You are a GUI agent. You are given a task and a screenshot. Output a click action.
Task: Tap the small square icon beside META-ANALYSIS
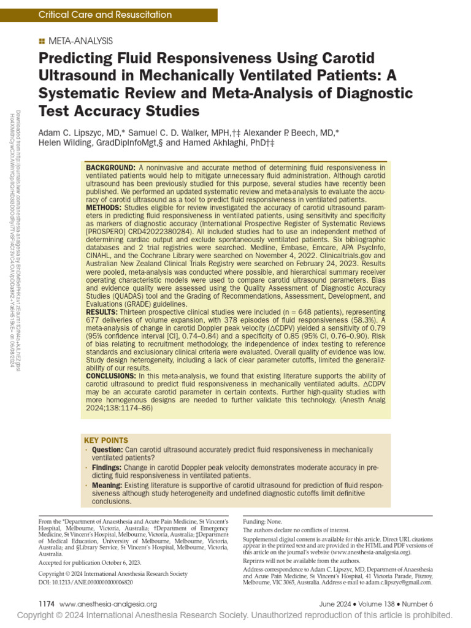41,41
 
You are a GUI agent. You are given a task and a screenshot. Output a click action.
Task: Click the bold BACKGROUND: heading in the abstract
110,167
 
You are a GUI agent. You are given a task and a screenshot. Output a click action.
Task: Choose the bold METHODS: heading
105,208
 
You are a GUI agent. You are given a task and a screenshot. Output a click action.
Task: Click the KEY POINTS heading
107,440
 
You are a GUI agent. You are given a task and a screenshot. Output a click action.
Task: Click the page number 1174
47,603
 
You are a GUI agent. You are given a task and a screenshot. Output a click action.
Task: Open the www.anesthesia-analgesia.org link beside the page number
109,603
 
